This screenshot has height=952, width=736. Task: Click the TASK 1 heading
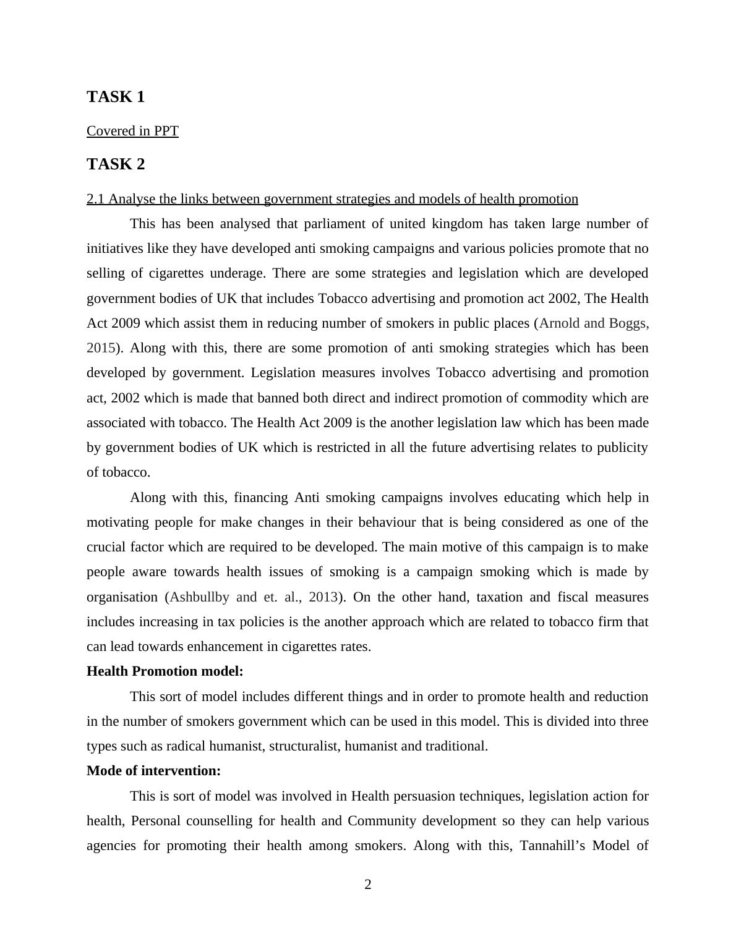pos(116,97)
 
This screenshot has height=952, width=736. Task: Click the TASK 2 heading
pos(116,164)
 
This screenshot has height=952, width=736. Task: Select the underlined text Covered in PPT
pos(132,131)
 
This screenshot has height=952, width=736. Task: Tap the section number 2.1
pos(96,199)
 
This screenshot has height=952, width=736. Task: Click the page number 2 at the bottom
pos(368,885)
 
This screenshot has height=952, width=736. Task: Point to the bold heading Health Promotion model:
pos(165,671)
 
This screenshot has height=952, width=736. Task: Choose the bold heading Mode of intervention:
pos(153,771)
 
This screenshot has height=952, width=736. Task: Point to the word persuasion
pos(425,796)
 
